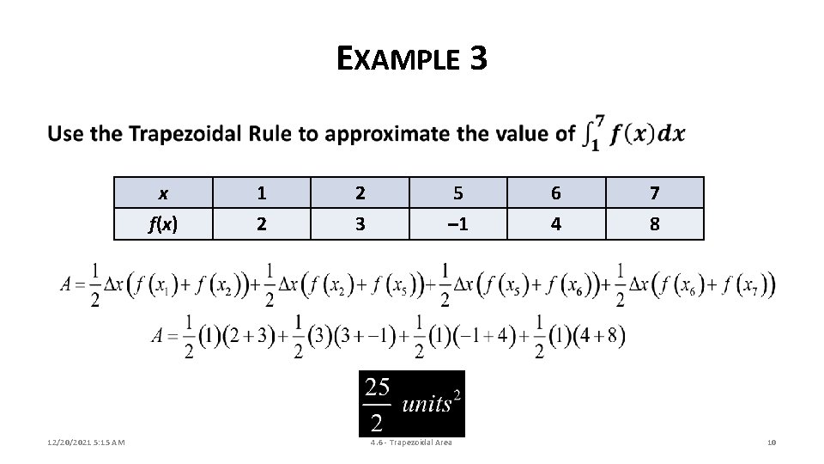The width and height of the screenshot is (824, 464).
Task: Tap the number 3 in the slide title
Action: click(478, 58)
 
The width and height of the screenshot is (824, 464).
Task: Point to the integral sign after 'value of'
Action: click(591, 135)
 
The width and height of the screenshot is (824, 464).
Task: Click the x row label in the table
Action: click(163, 193)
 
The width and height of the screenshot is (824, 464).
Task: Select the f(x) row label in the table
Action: click(163, 223)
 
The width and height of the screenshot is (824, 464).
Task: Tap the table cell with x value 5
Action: click(457, 193)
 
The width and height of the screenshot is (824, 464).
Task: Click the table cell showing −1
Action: click(457, 223)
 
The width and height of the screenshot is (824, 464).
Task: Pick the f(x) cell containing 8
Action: click(654, 223)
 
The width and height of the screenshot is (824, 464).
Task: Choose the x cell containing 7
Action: click(654, 193)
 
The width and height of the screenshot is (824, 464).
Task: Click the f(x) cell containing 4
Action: click(556, 223)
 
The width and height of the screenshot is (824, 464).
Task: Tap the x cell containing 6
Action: click(556, 193)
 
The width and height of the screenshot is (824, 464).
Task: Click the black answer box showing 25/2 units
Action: click(411, 404)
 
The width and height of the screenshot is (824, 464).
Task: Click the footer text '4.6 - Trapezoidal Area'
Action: click(411, 443)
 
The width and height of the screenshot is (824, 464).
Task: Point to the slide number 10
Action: click(770, 443)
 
